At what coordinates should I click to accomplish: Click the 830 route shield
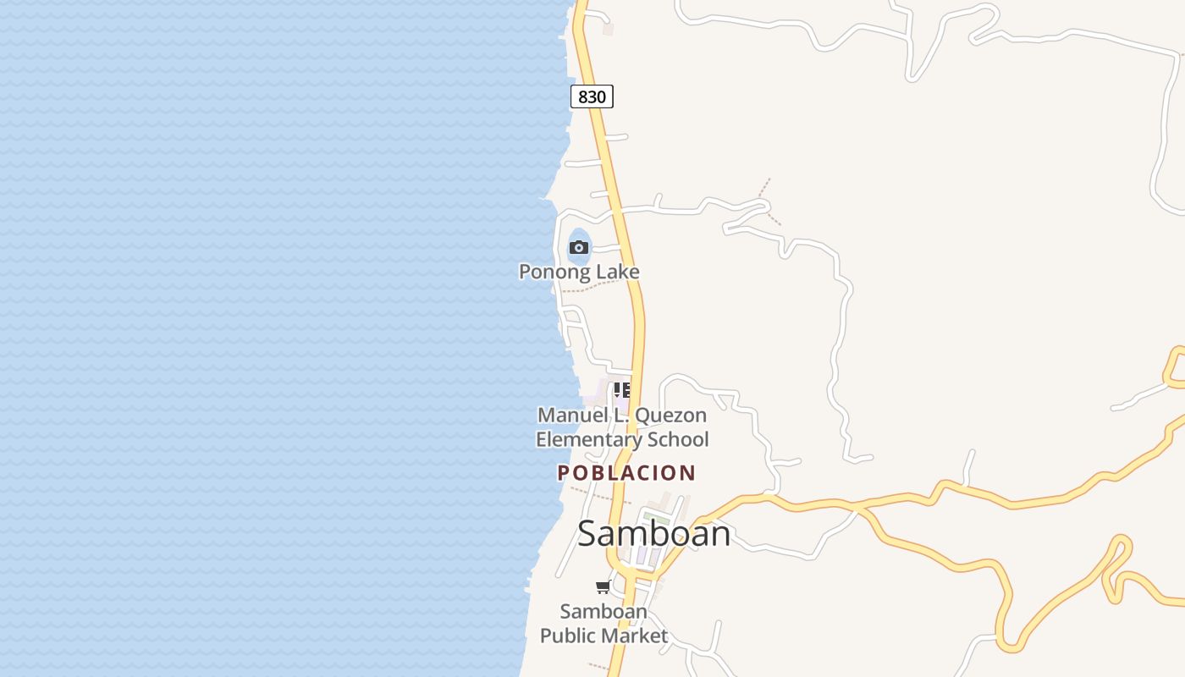(x=592, y=96)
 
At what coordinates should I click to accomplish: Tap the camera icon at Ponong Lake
(x=579, y=247)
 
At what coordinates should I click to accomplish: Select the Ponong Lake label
(x=579, y=272)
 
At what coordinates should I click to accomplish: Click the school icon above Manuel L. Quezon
(x=622, y=390)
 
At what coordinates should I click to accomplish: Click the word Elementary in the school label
(x=588, y=440)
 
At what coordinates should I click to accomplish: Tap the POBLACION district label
(x=626, y=473)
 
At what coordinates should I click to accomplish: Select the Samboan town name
(x=653, y=534)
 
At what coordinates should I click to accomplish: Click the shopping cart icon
(x=603, y=586)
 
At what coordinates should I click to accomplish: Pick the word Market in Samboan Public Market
(x=637, y=636)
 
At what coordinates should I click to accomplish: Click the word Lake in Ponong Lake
(x=618, y=272)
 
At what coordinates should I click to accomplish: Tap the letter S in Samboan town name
(x=589, y=534)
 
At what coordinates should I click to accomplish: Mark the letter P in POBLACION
(x=563, y=473)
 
